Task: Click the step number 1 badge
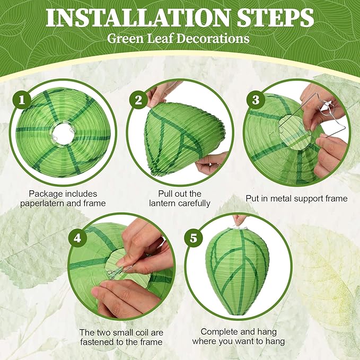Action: tap(22, 100)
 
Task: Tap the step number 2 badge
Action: tap(138, 100)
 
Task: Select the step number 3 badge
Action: tap(256, 100)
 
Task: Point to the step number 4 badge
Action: tap(77, 238)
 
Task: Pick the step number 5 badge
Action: tap(194, 238)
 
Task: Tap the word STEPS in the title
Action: tap(275, 18)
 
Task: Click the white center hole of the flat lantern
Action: tap(63, 134)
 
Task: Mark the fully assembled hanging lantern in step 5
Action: tap(238, 271)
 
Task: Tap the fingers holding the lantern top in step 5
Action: tap(239, 219)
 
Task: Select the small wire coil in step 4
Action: tap(112, 274)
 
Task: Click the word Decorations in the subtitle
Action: tap(213, 38)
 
